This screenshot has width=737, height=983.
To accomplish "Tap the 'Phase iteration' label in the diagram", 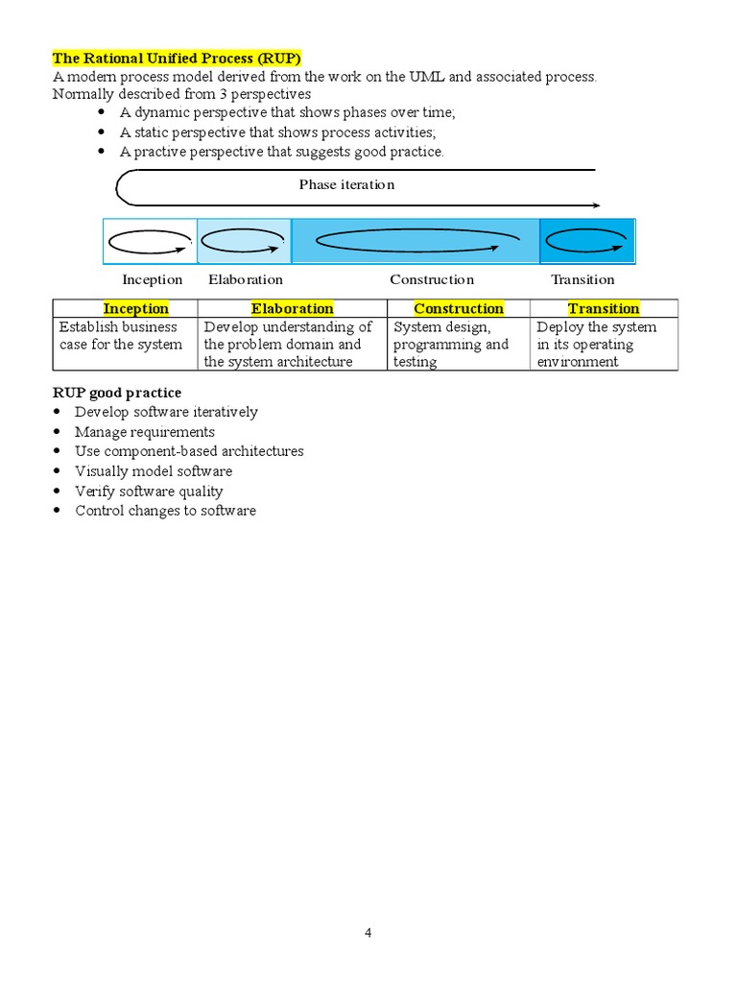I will click(346, 184).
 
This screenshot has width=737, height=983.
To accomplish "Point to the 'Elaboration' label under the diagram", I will click(246, 279).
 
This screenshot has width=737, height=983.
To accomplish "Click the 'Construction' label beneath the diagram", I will click(432, 279).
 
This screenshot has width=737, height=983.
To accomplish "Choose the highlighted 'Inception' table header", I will click(135, 308).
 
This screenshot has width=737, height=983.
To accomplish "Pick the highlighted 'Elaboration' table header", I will click(293, 308).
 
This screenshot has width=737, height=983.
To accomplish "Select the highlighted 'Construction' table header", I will click(459, 308).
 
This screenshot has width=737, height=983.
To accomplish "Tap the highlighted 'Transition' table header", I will click(604, 308).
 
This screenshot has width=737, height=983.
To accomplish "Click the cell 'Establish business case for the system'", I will click(121, 336).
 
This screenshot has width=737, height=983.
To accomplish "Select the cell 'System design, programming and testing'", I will click(451, 345).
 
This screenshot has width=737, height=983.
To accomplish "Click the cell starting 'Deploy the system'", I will click(597, 345).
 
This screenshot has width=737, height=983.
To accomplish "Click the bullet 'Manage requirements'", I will click(145, 432).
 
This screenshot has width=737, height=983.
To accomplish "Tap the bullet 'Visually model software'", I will click(154, 471).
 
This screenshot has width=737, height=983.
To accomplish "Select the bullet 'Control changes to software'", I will click(166, 511).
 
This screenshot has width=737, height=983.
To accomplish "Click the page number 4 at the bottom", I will click(368, 934).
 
